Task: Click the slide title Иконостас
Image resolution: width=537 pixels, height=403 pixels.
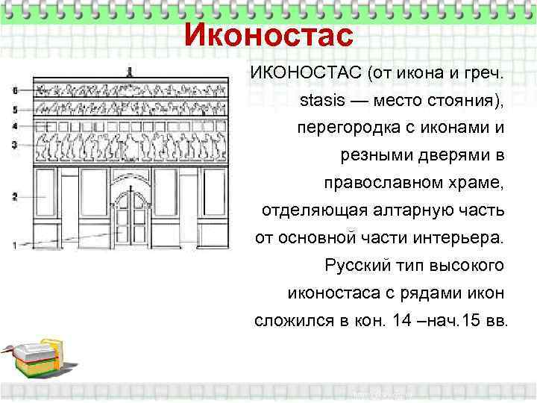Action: [267, 34]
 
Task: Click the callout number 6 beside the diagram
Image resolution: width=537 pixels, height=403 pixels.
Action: [14, 89]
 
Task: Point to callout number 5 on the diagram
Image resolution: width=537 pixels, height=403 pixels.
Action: [14, 109]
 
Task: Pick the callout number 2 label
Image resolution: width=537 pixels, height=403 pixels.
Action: [14, 196]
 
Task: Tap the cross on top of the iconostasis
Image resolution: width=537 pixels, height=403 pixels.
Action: [130, 72]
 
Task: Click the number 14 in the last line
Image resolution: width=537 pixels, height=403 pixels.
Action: [400, 321]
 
